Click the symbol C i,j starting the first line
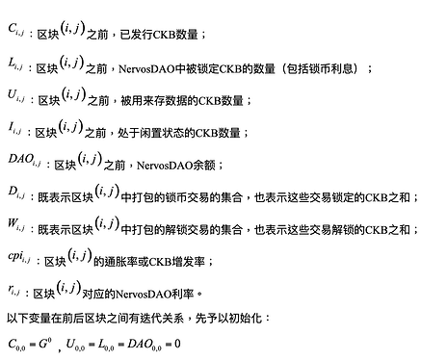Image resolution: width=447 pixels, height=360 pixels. (15, 30)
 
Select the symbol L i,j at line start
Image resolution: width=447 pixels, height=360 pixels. (15, 64)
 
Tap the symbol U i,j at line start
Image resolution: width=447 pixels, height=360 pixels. (16, 95)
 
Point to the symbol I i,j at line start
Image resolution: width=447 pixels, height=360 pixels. (14, 128)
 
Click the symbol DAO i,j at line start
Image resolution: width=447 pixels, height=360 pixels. (24, 160)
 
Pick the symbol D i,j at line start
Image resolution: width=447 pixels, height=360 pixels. (16, 193)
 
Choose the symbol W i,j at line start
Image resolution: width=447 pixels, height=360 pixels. (16, 224)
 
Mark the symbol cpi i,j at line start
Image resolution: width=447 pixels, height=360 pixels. (19, 257)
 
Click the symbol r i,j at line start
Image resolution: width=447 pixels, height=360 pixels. (13, 290)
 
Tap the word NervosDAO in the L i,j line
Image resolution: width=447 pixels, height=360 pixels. (147, 68)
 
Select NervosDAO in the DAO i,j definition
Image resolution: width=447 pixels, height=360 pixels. (165, 166)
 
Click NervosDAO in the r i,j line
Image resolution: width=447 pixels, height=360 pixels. (144, 294)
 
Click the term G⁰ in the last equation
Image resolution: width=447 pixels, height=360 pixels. (45, 344)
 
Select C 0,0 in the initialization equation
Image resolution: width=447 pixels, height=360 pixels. (16, 345)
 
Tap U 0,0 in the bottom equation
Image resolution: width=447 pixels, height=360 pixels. (75, 345)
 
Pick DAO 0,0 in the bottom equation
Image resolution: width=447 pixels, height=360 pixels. (145, 345)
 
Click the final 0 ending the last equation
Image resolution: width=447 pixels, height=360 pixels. (177, 344)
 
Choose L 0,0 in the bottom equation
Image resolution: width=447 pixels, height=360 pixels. (106, 345)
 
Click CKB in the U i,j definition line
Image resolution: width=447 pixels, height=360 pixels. (209, 101)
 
